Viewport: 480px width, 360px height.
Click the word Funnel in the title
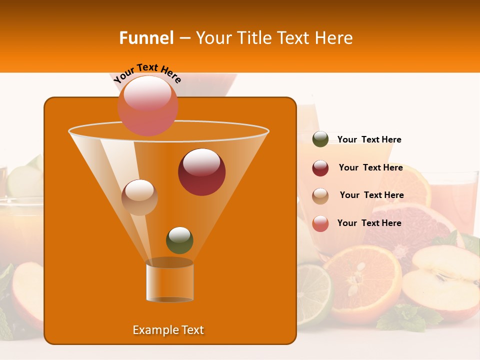146,38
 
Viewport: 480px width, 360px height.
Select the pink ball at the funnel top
148,105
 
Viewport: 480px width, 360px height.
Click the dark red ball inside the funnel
201,172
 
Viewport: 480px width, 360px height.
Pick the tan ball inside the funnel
140,197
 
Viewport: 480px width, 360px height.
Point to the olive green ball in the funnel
179,240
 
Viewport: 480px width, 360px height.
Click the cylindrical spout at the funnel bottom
170,282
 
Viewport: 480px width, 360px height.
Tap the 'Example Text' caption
168,330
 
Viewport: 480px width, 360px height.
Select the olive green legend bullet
320,139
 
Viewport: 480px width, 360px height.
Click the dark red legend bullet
320,168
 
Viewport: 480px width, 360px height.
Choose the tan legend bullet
320,196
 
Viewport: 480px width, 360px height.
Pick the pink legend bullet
320,223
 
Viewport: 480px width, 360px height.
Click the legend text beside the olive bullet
369,139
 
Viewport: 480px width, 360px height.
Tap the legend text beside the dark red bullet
371,168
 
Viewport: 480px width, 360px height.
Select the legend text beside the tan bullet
372,195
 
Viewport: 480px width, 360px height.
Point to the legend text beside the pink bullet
369,223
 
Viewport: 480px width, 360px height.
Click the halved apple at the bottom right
440,280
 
